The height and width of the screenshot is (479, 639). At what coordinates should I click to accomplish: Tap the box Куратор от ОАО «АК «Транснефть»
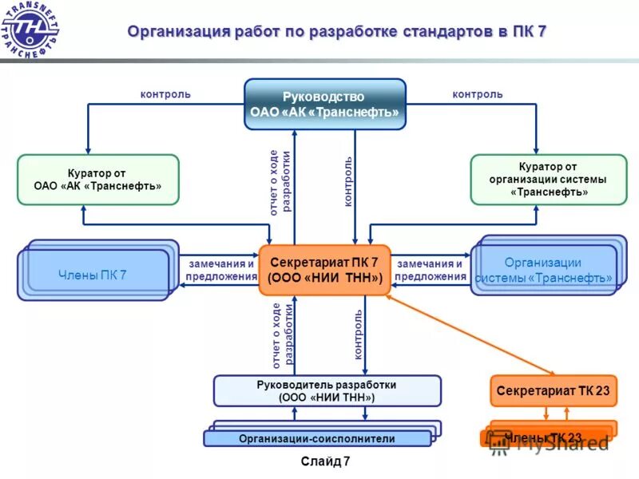tap(98, 180)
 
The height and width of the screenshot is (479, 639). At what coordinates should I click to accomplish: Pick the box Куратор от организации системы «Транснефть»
tap(548, 180)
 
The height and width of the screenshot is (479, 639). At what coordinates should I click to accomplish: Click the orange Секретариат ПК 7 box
tap(325, 270)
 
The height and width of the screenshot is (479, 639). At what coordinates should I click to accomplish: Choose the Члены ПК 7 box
tap(93, 275)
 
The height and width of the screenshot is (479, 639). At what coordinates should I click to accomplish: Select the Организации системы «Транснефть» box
tap(543, 271)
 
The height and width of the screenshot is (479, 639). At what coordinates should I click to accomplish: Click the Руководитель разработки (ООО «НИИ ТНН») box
tap(327, 390)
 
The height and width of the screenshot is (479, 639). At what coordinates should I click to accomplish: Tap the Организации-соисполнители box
tap(317, 438)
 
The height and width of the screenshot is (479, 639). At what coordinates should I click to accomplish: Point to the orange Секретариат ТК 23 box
tap(554, 390)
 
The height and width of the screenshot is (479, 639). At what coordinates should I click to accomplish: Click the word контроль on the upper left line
tap(165, 94)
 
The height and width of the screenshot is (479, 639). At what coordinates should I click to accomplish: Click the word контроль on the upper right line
tap(478, 94)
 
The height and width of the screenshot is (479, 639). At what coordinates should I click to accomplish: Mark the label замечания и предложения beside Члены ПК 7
tap(221, 270)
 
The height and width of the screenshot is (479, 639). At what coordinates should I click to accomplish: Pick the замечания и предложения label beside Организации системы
tap(430, 270)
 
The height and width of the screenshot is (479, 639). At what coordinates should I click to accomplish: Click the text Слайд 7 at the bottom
tap(325, 461)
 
